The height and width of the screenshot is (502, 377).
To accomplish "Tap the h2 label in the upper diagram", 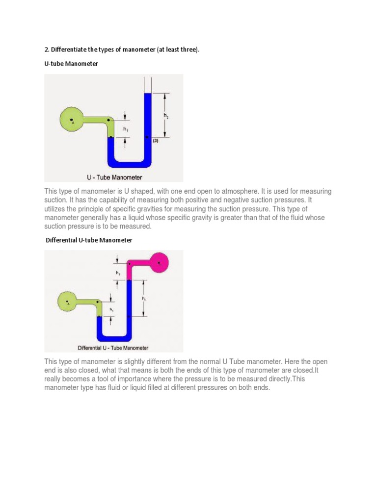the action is click(166, 116).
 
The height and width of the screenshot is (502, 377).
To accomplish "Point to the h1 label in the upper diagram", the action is click(126, 129).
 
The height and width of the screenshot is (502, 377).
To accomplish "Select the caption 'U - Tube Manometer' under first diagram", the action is click(114, 177).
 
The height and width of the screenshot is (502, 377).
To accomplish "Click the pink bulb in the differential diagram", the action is click(160, 263).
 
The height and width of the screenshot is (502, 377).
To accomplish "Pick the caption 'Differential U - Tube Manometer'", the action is click(113, 348).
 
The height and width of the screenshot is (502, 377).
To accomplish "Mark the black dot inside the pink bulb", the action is click(159, 264).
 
